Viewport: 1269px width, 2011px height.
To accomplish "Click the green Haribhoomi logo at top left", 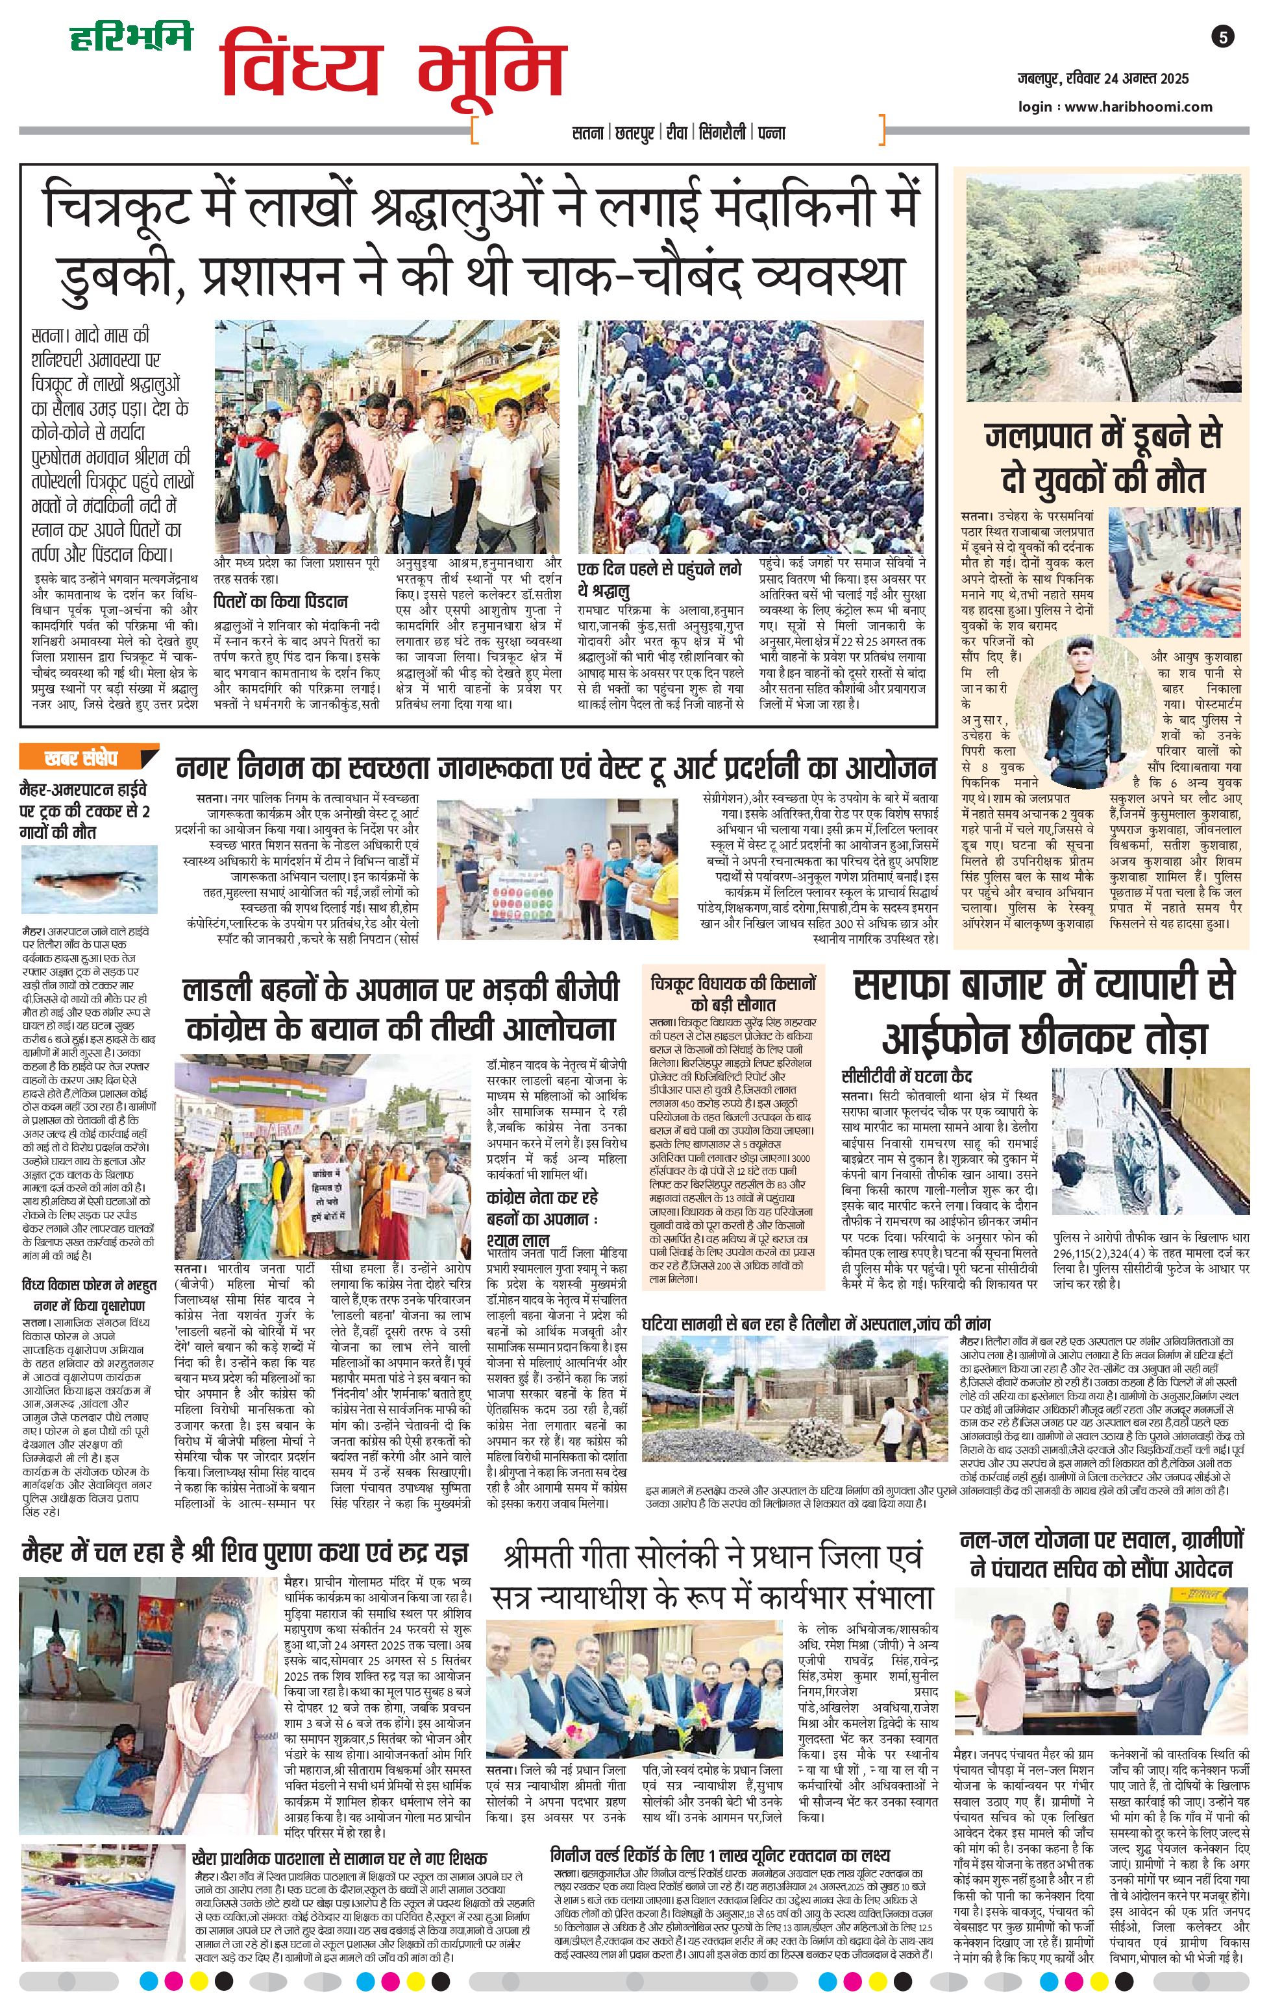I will (130, 37).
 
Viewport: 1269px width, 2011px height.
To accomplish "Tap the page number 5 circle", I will (1222, 37).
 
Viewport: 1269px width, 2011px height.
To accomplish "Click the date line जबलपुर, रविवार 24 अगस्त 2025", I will (1102, 79).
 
